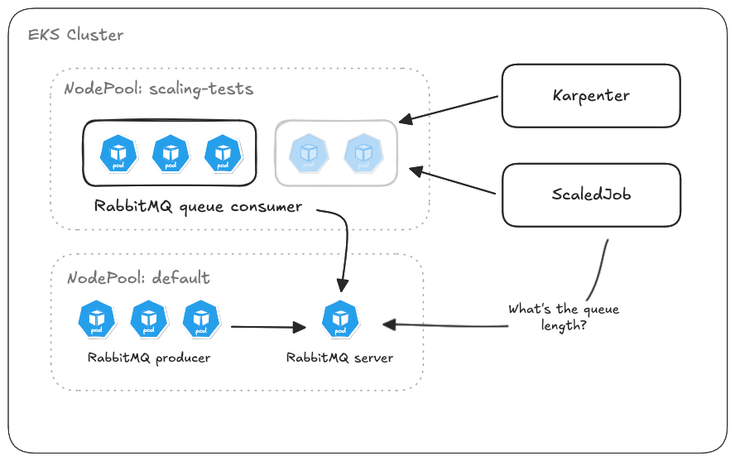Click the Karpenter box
(591, 96)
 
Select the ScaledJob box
(591, 194)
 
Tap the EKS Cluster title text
(75, 35)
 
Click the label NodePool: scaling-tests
(159, 89)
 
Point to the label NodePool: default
(137, 277)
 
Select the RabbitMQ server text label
(339, 358)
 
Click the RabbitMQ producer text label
(149, 358)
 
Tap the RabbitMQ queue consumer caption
(198, 206)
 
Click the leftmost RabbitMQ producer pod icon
(97, 319)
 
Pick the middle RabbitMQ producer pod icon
(148, 319)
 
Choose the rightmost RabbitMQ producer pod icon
(199, 319)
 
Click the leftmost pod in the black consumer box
(118, 154)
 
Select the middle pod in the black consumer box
(171, 154)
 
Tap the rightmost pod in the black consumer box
(223, 154)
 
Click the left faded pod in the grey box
(308, 154)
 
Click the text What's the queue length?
(563, 317)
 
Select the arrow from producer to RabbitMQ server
(268, 328)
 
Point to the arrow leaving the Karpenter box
(451, 108)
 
